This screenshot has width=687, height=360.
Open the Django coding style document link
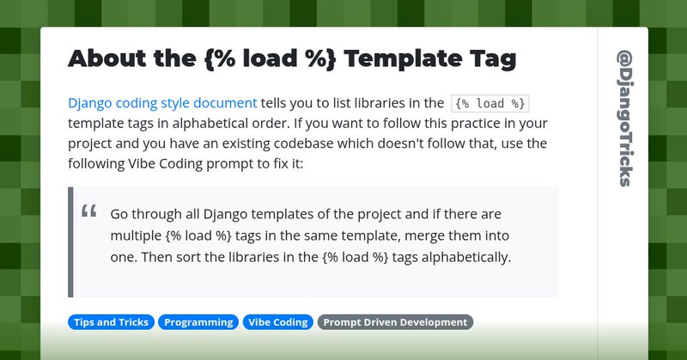pos(162,103)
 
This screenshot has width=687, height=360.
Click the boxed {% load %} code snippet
pos(489,104)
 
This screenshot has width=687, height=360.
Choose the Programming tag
pos(198,322)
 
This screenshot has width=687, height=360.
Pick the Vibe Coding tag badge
pos(277,322)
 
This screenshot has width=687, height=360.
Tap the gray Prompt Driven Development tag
pos(395,322)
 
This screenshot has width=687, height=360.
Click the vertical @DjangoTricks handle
pos(624,117)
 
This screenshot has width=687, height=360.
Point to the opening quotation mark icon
pos(88,212)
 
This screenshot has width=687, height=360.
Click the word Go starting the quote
pos(120,213)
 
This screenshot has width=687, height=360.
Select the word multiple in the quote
pos(137,235)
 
